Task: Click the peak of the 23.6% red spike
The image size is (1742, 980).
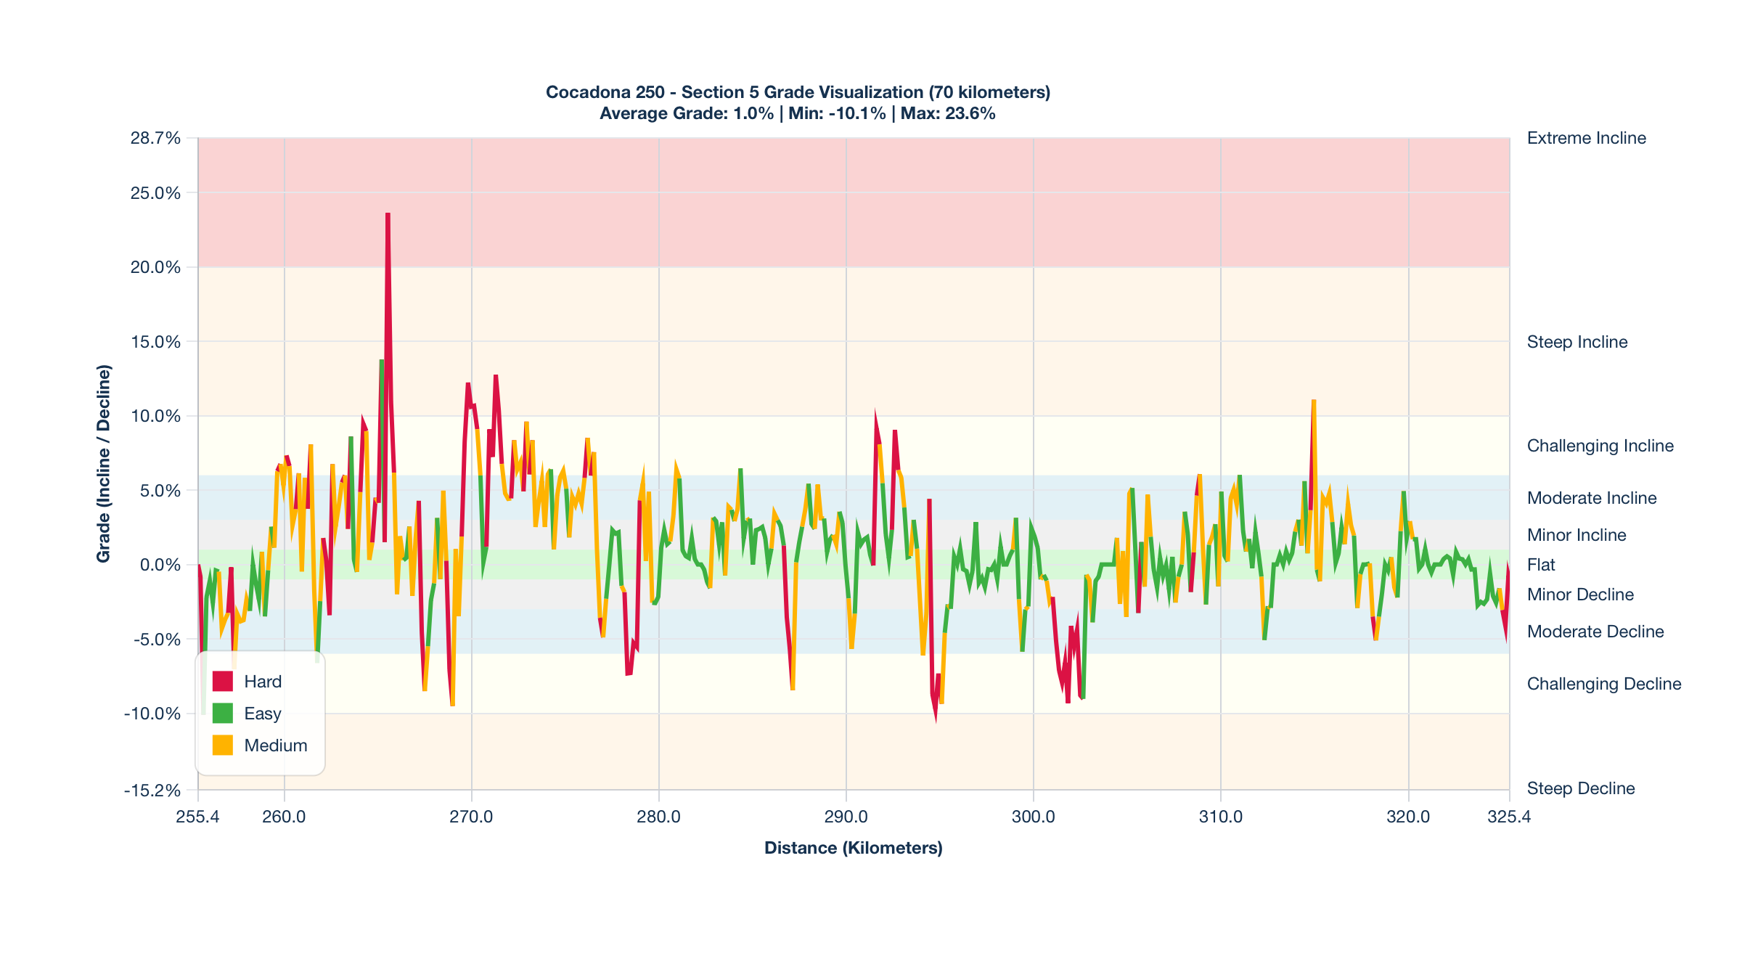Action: point(388,214)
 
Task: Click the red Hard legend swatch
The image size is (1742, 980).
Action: point(222,682)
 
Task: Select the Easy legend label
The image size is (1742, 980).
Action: point(262,714)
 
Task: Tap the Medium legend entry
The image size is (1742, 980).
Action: point(275,746)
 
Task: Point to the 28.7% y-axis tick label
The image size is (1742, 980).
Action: point(155,138)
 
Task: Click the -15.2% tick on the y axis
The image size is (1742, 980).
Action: point(152,790)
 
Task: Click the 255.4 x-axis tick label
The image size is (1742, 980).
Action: point(197,817)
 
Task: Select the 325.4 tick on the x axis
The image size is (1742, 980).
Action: point(1509,817)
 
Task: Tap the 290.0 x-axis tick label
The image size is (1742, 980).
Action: point(846,817)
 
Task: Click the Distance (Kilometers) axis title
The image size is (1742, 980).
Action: point(853,848)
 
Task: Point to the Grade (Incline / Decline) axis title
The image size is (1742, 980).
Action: point(104,463)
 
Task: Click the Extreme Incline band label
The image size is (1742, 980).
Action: point(1586,138)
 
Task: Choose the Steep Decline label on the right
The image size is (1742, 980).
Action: point(1580,788)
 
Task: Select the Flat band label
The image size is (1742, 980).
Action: point(1541,565)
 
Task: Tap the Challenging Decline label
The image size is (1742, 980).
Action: point(1603,684)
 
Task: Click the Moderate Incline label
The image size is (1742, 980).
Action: point(1591,498)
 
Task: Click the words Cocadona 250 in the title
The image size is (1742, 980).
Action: point(605,92)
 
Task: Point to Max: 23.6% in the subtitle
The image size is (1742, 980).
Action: point(948,113)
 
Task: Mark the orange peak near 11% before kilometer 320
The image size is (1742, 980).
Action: point(1314,401)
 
